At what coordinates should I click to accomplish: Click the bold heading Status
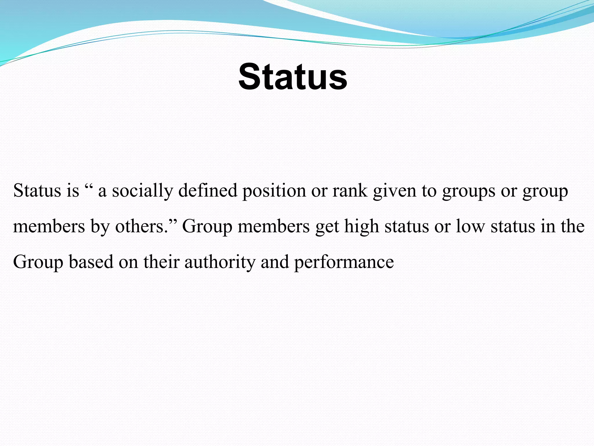[293, 77]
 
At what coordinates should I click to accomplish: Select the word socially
[142, 191]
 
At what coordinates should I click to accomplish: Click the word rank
[350, 191]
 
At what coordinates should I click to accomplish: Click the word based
[91, 262]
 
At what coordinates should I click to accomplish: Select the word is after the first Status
[73, 191]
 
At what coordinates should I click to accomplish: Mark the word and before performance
[275, 262]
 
